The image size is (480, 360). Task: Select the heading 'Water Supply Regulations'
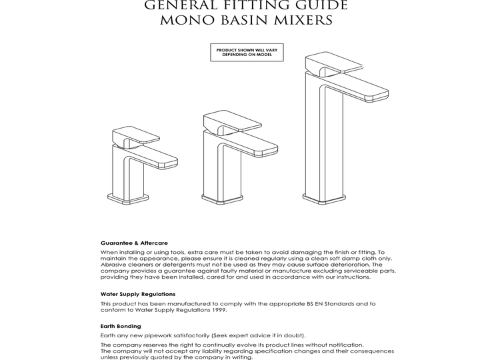coord(138,294)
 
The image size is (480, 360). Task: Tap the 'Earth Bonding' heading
coord(121,326)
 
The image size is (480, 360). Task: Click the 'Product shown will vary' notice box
coord(242,53)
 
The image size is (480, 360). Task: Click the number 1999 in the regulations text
coord(217,309)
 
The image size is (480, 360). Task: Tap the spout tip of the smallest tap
coord(169,159)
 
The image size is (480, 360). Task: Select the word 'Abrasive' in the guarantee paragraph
coord(113,265)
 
